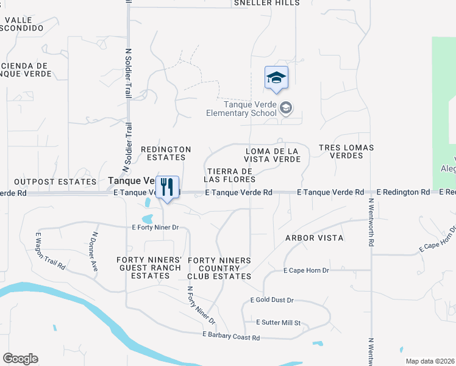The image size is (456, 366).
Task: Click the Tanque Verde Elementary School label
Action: click(x=241, y=108)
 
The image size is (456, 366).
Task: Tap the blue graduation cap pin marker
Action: click(x=276, y=78)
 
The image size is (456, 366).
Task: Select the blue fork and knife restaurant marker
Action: click(x=167, y=188)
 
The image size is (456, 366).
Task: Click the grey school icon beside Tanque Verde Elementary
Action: click(x=285, y=109)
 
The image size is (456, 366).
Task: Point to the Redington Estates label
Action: click(x=166, y=153)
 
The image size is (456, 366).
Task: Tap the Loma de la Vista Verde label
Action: click(x=273, y=155)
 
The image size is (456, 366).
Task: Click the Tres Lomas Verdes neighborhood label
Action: click(x=346, y=151)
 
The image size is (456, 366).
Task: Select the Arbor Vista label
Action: click(x=315, y=237)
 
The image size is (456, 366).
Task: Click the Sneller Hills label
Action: click(x=267, y=2)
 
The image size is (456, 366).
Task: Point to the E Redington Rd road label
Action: click(x=403, y=192)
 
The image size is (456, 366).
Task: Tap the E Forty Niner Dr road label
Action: click(x=155, y=228)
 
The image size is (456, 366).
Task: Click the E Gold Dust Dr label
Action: click(x=272, y=300)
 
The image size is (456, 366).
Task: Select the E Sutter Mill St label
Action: click(x=279, y=322)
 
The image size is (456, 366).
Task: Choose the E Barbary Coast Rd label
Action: click(x=231, y=337)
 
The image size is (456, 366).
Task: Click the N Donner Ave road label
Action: click(x=94, y=251)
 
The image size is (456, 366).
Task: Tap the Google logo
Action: click(x=20, y=359)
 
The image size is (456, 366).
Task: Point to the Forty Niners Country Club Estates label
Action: click(x=219, y=268)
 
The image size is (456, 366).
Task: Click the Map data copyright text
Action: click(x=429, y=361)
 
